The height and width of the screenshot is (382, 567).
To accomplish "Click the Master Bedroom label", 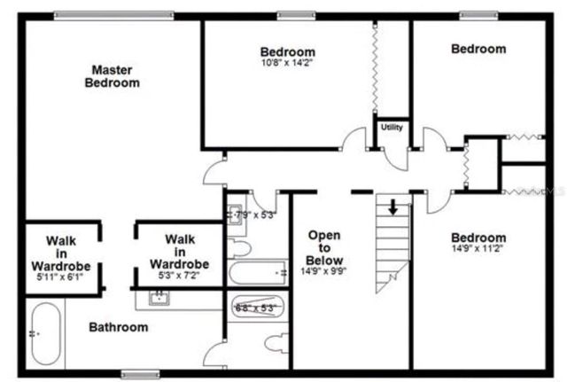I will coord(112,75).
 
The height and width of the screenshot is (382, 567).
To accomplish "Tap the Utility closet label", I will coord(392,128).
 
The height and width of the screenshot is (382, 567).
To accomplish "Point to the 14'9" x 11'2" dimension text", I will coord(478,250).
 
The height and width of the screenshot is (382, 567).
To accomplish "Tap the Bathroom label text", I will coord(118,328).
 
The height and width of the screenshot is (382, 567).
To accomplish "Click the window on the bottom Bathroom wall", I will coord(138,372).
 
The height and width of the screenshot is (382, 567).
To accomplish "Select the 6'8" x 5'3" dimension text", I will coord(257,308).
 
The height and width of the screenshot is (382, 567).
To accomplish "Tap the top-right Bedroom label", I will coord(478,50).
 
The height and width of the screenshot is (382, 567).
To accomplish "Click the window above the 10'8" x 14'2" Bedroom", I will coord(290,15).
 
